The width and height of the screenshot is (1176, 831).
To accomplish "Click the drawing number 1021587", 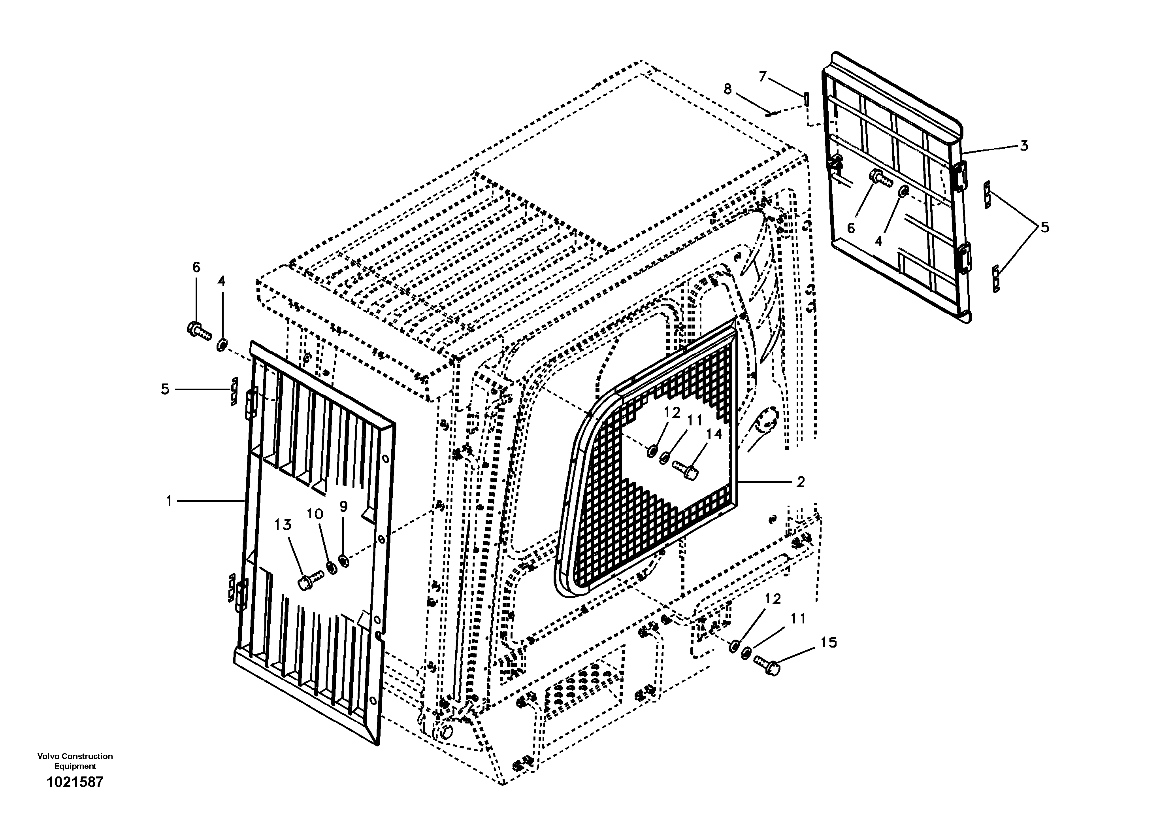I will pyautogui.click(x=75, y=782).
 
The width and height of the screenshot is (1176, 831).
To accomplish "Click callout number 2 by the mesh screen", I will pyautogui.click(x=800, y=482).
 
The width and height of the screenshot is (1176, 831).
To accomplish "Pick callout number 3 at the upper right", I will pyautogui.click(x=1023, y=145).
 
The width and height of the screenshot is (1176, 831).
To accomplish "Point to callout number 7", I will pyautogui.click(x=763, y=77).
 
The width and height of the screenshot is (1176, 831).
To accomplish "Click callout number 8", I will pyautogui.click(x=728, y=89).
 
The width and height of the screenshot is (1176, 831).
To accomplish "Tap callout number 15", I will pyautogui.click(x=829, y=642).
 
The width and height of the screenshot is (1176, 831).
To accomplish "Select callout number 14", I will pyautogui.click(x=714, y=434).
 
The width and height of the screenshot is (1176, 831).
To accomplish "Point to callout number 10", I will pyautogui.click(x=315, y=514).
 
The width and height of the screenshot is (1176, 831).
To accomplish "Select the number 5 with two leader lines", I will pyautogui.click(x=1044, y=227).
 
